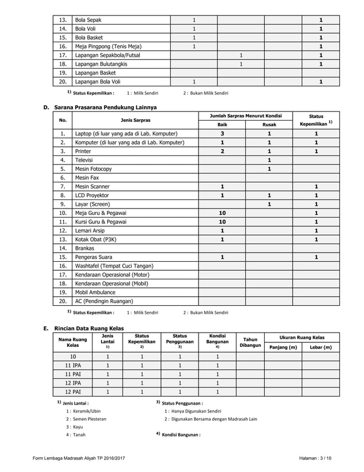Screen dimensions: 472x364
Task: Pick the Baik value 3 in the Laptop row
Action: (x=222, y=133)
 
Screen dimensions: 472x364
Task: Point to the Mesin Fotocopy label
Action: (x=93, y=169)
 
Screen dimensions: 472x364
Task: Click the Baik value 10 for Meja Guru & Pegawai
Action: (x=222, y=213)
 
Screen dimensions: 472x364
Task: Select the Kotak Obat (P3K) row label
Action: (x=95, y=239)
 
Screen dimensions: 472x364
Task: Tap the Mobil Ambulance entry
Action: (x=95, y=292)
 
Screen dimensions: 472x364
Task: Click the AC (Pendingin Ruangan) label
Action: (x=104, y=301)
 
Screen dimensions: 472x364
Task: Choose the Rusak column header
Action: (x=269, y=125)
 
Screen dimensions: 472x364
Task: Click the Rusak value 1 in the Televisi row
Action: (x=269, y=160)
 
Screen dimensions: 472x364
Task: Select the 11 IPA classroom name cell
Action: (x=72, y=365)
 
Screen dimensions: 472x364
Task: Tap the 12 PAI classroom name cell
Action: (x=72, y=392)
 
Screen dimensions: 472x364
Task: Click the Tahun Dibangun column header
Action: (x=250, y=342)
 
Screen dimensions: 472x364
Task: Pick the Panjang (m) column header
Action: (x=283, y=347)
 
